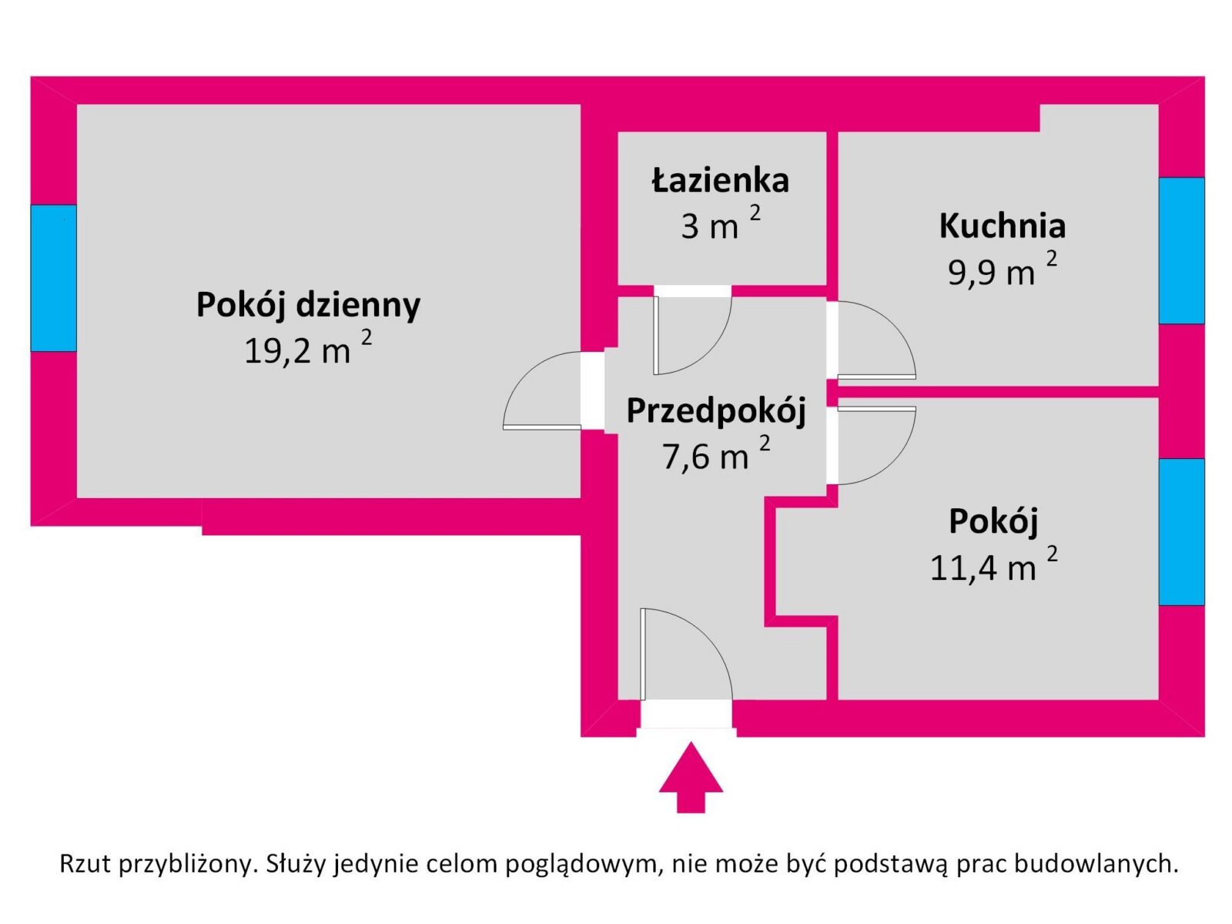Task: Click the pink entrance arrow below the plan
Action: [x=691, y=777]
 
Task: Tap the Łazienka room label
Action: [x=720, y=180]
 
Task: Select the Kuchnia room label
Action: [x=1003, y=226]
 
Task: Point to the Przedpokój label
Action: [x=716, y=412]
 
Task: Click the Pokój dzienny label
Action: [x=308, y=305]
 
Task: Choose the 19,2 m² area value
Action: [x=308, y=348]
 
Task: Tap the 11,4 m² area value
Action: [x=994, y=565]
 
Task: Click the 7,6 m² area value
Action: [x=716, y=454]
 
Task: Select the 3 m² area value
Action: [x=721, y=223]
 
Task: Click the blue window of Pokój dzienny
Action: [x=54, y=278]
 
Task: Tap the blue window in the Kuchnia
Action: [x=1182, y=250]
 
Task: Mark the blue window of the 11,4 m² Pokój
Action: [x=1182, y=532]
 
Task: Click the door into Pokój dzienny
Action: [x=542, y=390]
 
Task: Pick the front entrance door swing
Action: [x=686, y=654]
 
